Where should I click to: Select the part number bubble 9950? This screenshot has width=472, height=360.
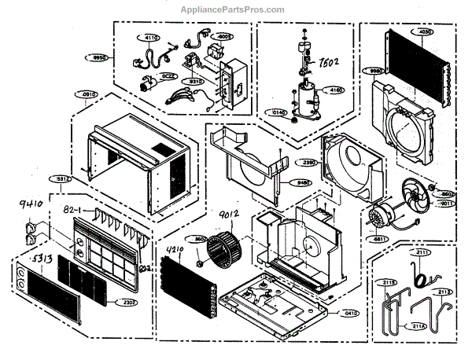click(x=98, y=57)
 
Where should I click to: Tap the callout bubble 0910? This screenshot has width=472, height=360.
click(x=91, y=94)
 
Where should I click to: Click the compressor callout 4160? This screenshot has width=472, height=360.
click(x=336, y=91)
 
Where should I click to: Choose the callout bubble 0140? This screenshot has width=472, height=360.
click(x=278, y=112)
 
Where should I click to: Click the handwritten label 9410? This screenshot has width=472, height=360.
click(x=28, y=208)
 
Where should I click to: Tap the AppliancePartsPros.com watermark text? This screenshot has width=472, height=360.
click(x=236, y=9)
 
